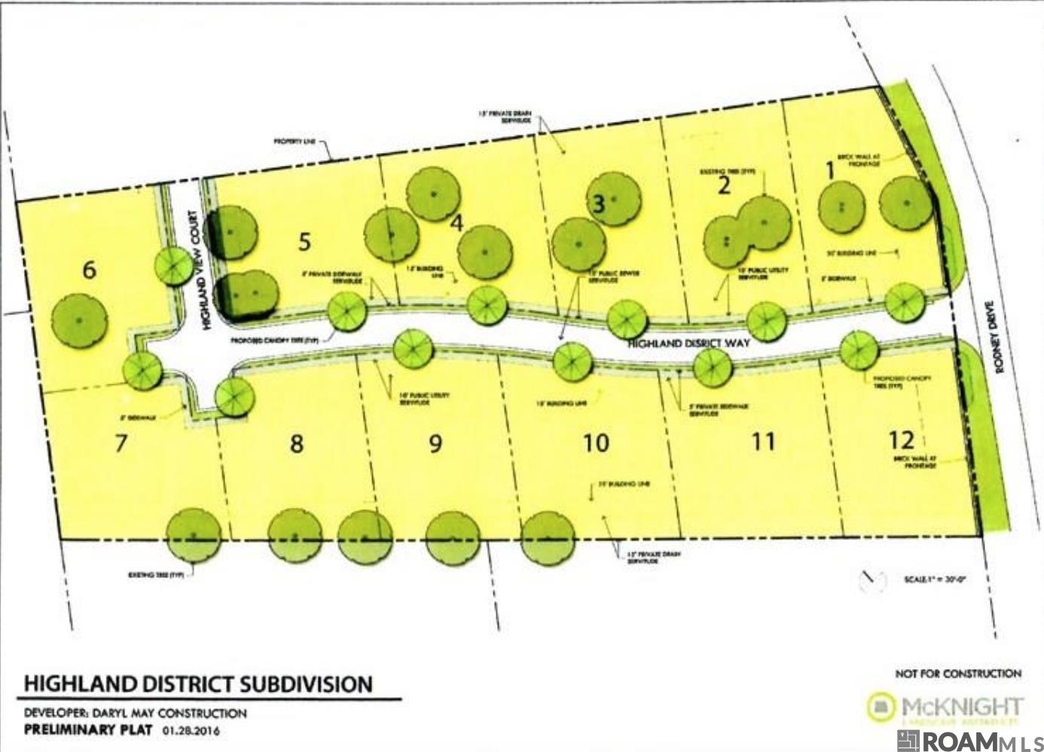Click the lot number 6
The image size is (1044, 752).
tap(89, 269)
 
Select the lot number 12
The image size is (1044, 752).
tap(901, 439)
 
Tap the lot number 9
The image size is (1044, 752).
tap(435, 443)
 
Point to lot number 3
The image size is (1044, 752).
tap(599, 203)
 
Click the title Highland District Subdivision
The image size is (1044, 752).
tap(199, 683)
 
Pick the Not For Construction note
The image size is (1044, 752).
tap(957, 673)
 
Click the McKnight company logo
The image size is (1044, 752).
tap(945, 708)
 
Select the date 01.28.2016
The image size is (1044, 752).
tap(191, 730)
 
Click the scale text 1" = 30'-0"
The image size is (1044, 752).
tap(934, 580)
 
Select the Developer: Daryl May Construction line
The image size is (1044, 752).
tap(136, 713)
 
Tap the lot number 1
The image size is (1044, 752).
tap(830, 171)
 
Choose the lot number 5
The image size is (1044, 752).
tap(304, 242)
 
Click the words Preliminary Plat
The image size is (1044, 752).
tap(88, 730)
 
